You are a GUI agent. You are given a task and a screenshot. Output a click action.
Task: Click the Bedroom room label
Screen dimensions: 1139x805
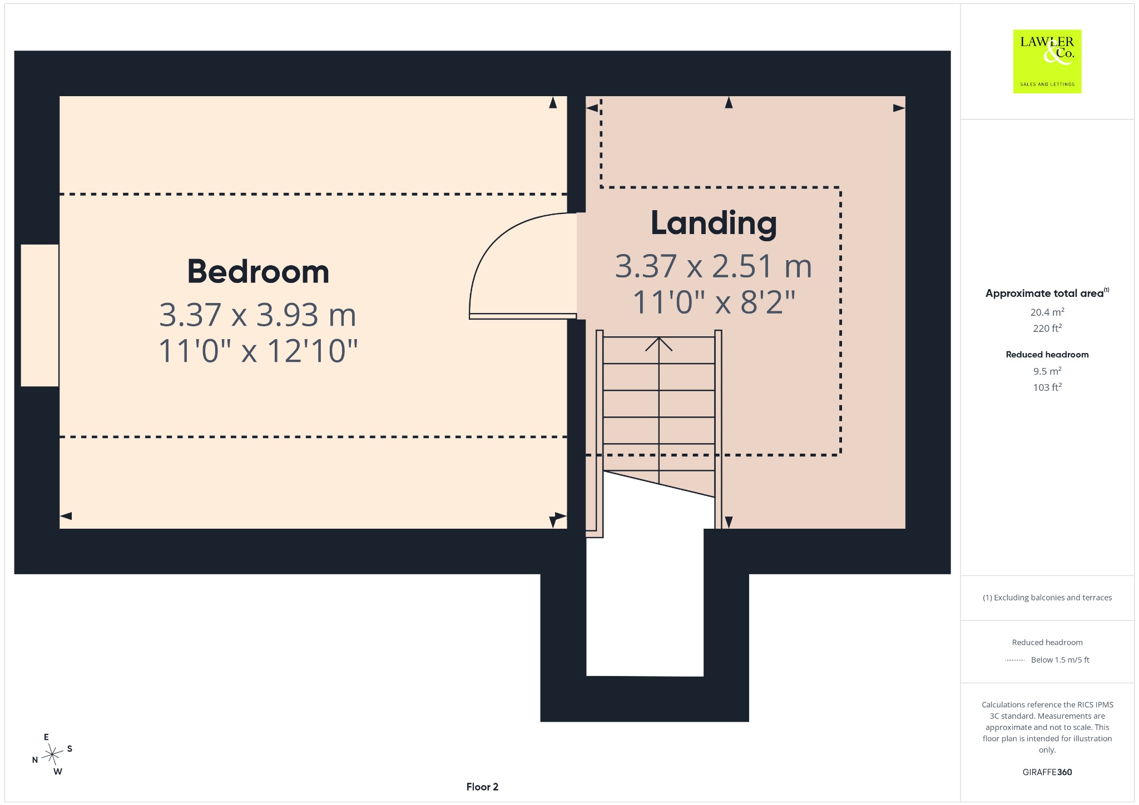[258, 271]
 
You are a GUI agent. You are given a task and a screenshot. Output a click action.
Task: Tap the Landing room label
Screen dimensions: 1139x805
[714, 223]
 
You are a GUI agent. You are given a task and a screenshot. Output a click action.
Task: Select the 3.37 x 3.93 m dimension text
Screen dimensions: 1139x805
[257, 315]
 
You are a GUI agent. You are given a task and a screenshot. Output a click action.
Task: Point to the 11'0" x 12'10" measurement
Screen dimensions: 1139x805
[258, 351]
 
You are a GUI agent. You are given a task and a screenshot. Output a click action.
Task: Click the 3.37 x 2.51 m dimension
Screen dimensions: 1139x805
[714, 266]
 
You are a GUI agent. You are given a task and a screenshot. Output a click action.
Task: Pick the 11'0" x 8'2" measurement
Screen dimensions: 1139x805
[714, 302]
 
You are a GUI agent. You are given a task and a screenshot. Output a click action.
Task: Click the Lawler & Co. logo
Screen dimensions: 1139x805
[1047, 61]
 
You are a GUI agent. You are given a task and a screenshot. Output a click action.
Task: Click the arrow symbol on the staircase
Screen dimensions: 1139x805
[659, 344]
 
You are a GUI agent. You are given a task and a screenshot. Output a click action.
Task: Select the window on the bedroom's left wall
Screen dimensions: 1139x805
[39, 315]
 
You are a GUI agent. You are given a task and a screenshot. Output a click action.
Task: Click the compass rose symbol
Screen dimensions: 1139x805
[52, 754]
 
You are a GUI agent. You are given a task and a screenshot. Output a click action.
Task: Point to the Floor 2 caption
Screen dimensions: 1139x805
[482, 787]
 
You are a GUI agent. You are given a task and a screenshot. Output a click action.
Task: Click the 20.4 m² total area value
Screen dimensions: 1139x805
[1047, 312]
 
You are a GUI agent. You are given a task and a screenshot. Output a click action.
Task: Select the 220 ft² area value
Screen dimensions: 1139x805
[1047, 328]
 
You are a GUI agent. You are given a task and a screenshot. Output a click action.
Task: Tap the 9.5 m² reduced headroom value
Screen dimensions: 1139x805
[1047, 371]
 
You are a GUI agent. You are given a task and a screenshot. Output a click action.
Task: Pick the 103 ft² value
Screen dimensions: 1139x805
[1047, 387]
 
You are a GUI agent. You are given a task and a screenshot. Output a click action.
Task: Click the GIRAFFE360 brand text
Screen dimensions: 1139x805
[1047, 772]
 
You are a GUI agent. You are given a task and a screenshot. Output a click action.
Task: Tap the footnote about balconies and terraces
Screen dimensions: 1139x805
[1047, 598]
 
